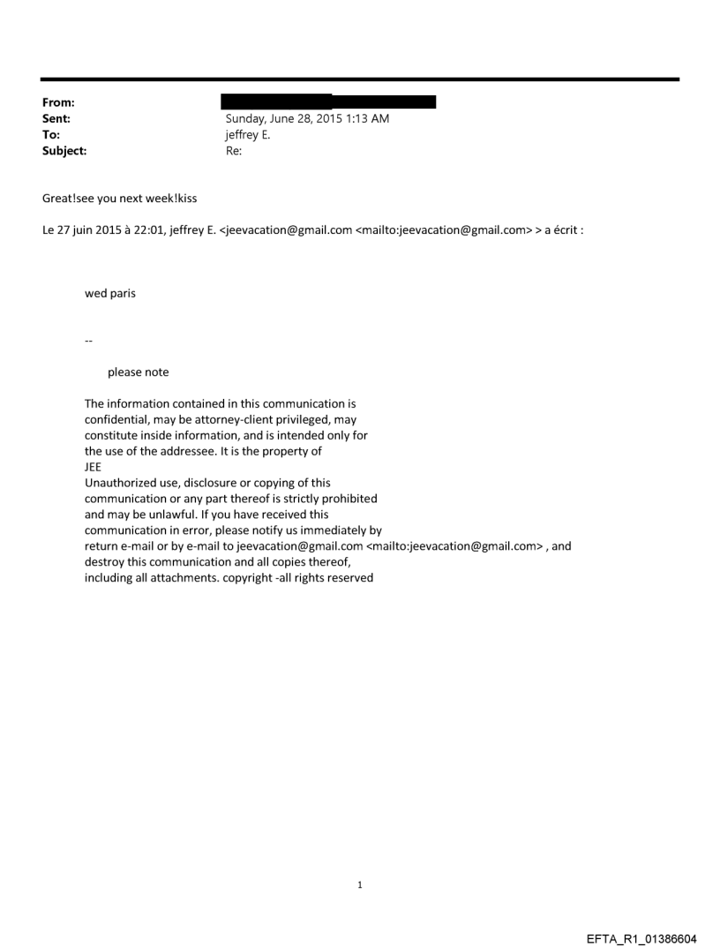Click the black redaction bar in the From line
point(328,102)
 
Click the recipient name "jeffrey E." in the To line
point(248,135)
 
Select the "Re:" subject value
point(234,151)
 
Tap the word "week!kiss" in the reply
point(171,199)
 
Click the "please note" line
point(138,372)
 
